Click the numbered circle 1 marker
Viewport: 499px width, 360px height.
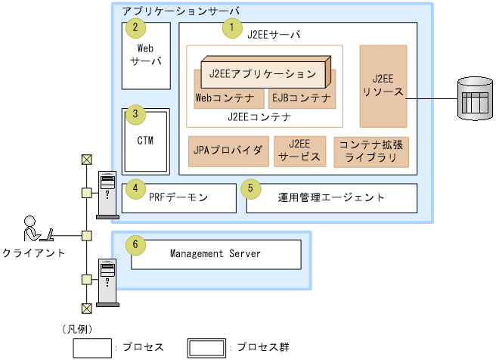tap(228, 28)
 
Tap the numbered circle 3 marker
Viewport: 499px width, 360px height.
tap(135, 115)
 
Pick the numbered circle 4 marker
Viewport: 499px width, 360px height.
tap(135, 188)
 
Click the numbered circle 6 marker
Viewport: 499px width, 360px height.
tap(135, 245)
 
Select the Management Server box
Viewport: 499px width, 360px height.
tap(215, 254)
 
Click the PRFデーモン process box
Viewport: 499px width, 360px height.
tap(180, 197)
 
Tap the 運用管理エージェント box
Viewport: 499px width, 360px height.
tap(331, 197)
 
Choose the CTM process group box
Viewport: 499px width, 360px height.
tap(146, 141)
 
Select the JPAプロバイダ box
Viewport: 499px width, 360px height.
tap(227, 151)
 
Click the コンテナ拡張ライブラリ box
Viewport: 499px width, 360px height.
tap(371, 151)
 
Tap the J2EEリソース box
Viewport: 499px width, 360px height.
tap(383, 85)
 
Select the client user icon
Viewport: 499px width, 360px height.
tap(35, 228)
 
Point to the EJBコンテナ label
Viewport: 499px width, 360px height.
tap(301, 98)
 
